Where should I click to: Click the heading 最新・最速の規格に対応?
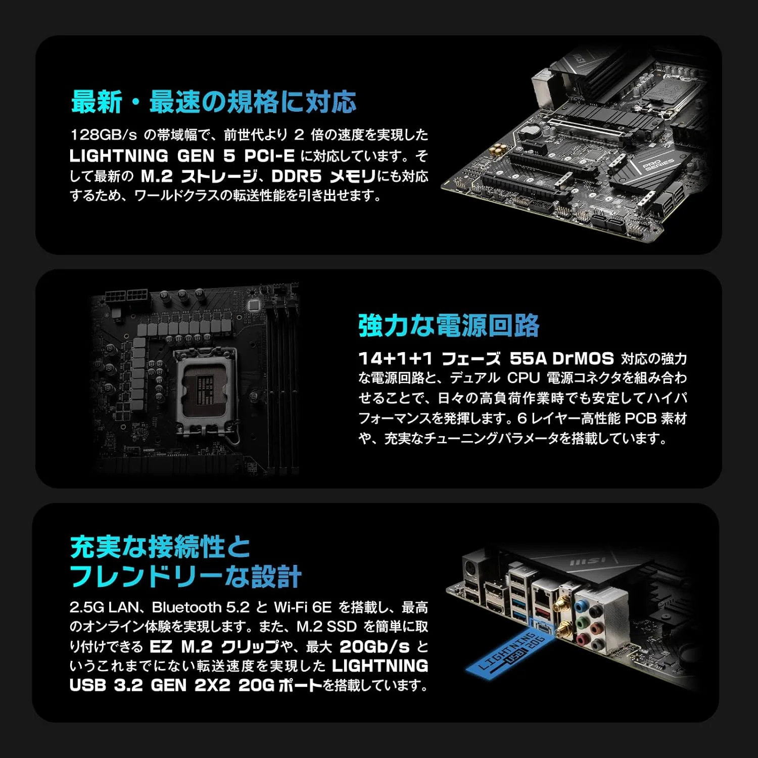(214, 102)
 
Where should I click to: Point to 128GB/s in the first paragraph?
(104, 135)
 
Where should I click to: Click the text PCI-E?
(269, 156)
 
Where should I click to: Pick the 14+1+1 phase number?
(395, 358)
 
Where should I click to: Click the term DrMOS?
(583, 358)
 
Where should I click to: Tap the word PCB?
(640, 418)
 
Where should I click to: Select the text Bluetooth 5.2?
(201, 607)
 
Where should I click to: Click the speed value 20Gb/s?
(374, 646)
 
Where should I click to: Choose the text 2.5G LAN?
(104, 607)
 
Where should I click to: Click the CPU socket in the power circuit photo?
(206, 388)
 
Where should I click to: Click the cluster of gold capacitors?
(500, 149)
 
